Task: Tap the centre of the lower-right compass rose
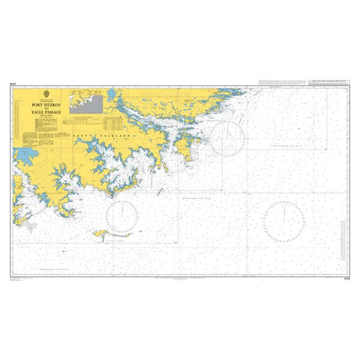coord(286,220)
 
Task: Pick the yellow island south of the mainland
coord(102,232)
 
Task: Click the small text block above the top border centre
coord(180,82)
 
